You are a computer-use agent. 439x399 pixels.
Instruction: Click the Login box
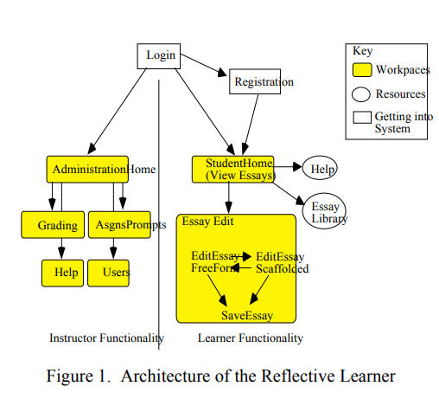(x=160, y=56)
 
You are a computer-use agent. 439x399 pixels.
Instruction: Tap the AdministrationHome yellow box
(x=86, y=170)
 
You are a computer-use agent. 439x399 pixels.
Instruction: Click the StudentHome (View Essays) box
(x=233, y=170)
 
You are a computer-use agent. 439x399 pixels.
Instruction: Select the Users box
(x=109, y=273)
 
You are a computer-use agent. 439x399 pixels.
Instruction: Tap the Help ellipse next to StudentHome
(x=319, y=169)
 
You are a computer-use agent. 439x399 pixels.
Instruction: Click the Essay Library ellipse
(x=324, y=212)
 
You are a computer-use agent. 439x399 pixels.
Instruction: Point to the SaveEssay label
(x=247, y=315)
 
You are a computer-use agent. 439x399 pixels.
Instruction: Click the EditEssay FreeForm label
(x=213, y=262)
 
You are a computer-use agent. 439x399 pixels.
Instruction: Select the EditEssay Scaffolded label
(x=281, y=262)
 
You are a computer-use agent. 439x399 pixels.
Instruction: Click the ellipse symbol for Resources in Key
(x=362, y=94)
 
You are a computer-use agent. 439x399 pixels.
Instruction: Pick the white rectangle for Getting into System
(x=362, y=116)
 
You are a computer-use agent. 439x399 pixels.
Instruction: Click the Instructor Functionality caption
(x=106, y=338)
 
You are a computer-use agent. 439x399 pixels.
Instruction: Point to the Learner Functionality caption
(x=251, y=338)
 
